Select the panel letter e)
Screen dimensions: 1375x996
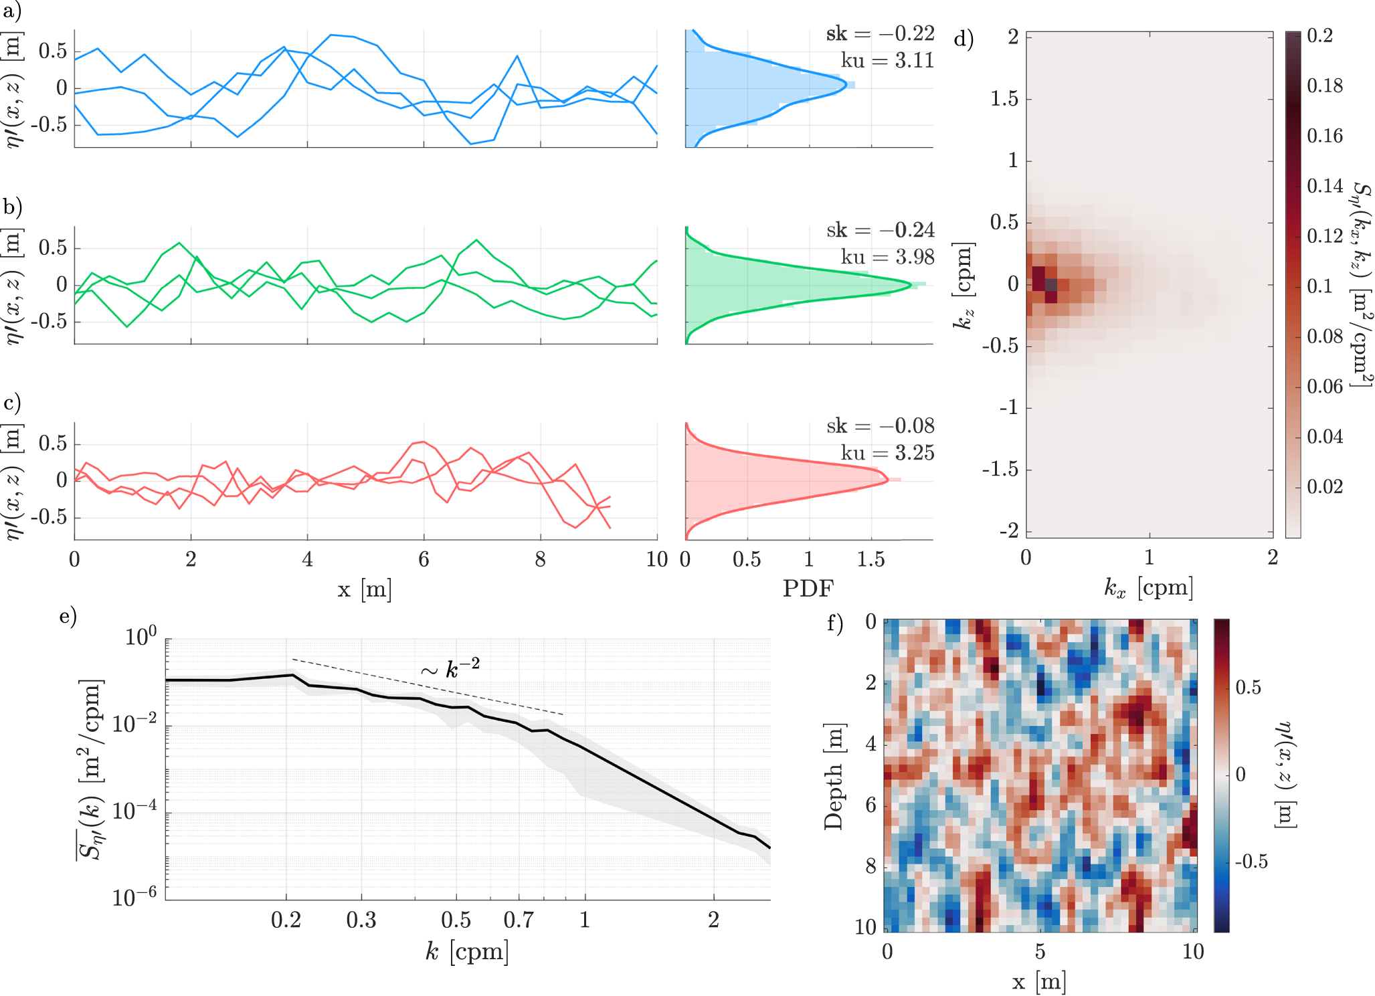point(68,615)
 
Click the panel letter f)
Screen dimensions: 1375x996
point(836,623)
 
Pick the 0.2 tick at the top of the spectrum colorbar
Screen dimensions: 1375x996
point(1319,35)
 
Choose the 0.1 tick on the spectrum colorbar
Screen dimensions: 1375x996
point(1319,286)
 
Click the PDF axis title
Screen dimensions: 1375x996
point(808,588)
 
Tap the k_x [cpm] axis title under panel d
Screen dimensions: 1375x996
point(1148,588)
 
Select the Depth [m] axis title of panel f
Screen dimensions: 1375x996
point(834,776)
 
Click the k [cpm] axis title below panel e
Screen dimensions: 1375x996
point(467,951)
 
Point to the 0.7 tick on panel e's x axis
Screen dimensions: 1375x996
point(519,920)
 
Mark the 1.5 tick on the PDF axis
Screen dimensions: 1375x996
point(871,559)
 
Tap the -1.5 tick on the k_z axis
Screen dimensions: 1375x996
point(1000,470)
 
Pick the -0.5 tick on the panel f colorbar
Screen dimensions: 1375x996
point(1251,861)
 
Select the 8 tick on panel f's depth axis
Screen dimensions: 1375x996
point(870,866)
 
